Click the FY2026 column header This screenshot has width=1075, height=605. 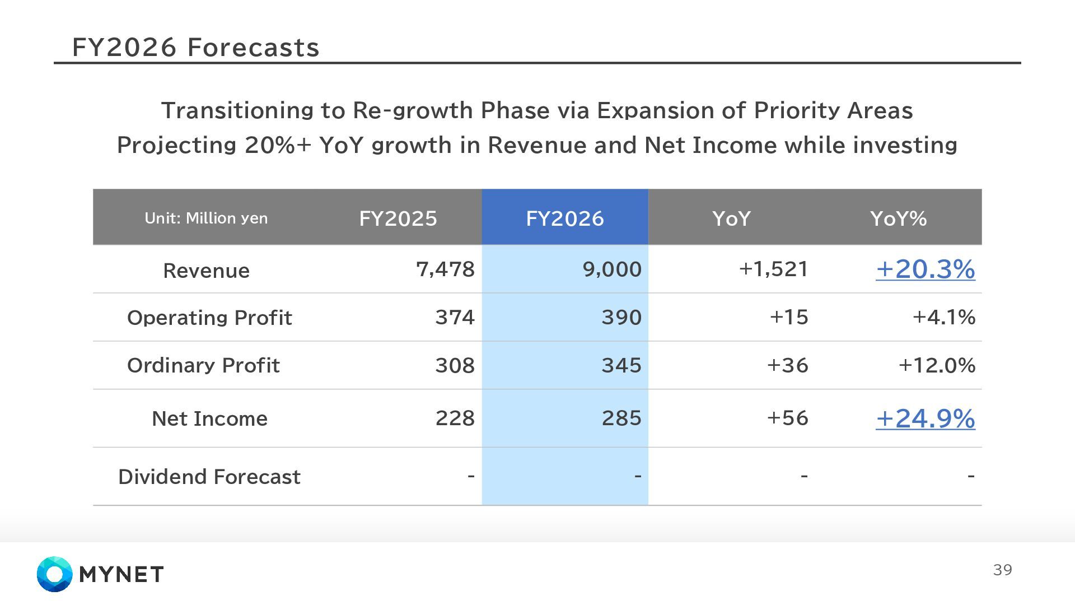point(564,218)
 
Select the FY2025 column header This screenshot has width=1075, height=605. point(398,218)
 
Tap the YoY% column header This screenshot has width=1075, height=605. point(898,218)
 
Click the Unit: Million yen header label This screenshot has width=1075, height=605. point(206,218)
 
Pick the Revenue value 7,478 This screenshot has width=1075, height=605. point(445,269)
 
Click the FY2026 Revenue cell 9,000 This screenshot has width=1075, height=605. point(612,269)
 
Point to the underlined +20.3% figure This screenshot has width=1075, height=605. point(925,269)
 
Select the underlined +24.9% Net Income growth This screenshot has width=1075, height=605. point(925,418)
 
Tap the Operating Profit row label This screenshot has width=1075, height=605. point(209,318)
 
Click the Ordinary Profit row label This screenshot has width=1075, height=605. point(203,365)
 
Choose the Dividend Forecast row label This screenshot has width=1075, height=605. point(209,477)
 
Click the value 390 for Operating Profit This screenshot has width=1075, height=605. point(621,318)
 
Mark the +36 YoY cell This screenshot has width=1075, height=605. point(787,365)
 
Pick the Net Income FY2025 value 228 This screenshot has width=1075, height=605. point(455,418)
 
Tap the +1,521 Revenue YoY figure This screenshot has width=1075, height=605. point(773,269)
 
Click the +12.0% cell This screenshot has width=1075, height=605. point(937,365)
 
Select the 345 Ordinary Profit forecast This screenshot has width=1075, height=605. point(621,365)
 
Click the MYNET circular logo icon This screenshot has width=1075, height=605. point(54,574)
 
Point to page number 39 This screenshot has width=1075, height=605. point(1002,570)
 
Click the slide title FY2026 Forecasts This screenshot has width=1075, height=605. point(195,48)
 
